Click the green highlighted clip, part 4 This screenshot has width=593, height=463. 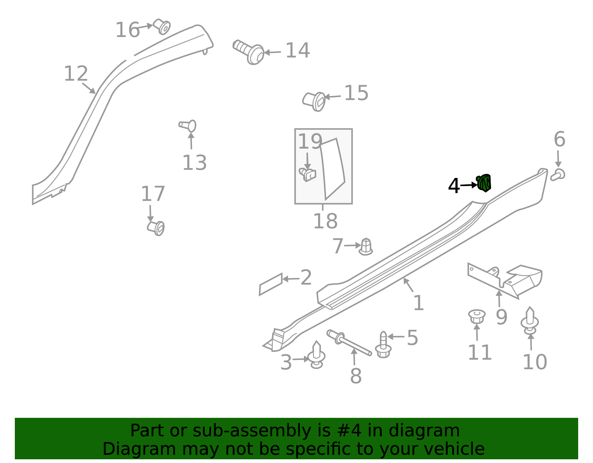click(x=484, y=183)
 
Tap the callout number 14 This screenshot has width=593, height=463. click(x=298, y=50)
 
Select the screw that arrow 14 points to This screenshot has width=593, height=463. click(x=248, y=52)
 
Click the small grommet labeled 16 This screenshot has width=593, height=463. click(x=162, y=26)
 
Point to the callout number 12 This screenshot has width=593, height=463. click(x=76, y=73)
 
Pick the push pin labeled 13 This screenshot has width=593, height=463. click(x=188, y=126)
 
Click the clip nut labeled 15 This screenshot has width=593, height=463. click(x=314, y=102)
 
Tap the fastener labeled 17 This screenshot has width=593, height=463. click(x=156, y=228)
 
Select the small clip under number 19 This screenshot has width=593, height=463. click(x=308, y=175)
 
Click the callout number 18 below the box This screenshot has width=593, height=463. click(x=325, y=221)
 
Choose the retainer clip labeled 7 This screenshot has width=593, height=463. click(x=366, y=247)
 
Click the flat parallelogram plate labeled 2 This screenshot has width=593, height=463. click(x=271, y=284)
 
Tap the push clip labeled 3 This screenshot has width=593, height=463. click(x=317, y=355)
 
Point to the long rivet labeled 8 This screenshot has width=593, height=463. click(x=349, y=343)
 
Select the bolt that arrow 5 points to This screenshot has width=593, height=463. click(x=384, y=345)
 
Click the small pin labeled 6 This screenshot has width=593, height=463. click(x=557, y=175)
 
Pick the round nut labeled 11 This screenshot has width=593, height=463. click(x=477, y=317)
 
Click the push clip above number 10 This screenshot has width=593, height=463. click(x=530, y=321)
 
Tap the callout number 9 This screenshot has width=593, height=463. click(x=501, y=317)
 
